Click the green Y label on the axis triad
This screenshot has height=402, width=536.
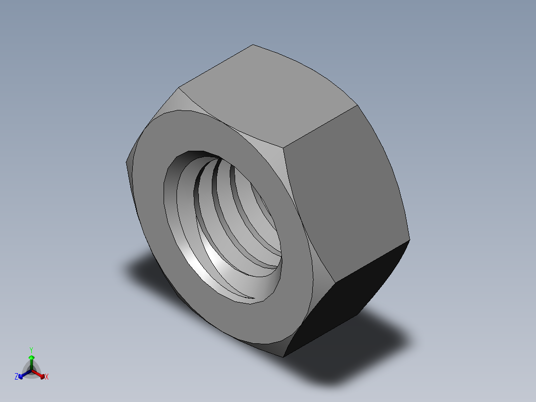[31, 349]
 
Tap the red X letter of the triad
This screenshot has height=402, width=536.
[47, 377]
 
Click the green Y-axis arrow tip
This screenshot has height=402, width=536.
[31, 358]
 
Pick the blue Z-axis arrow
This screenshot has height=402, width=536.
[22, 375]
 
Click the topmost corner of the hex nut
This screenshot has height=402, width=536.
[253, 45]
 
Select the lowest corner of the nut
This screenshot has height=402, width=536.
[283, 357]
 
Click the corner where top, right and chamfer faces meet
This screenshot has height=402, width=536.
[285, 147]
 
